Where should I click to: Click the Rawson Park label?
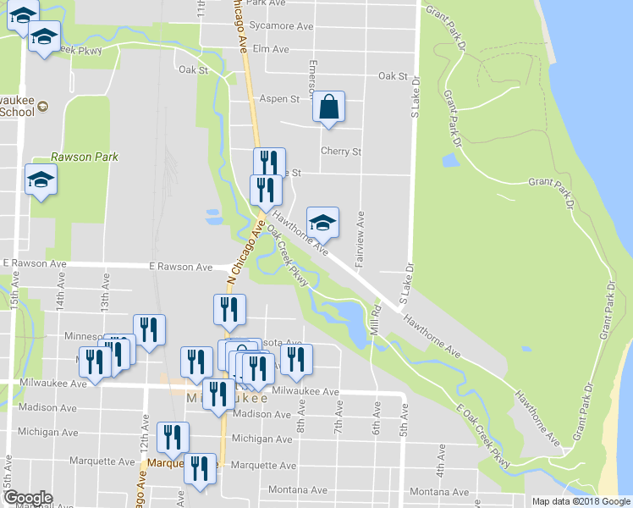point(85,157)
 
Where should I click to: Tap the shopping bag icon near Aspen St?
point(328,108)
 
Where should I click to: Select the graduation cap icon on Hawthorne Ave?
point(322,223)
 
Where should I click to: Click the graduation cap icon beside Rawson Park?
point(41,180)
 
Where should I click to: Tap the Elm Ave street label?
point(271,48)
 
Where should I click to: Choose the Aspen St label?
point(279,99)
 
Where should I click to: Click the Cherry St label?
point(341,152)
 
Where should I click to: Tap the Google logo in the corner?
point(28,498)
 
